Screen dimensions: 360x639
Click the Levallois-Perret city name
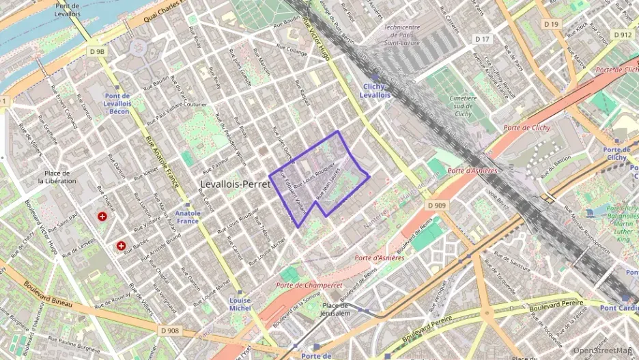[236, 184]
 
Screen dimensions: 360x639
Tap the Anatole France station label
[188, 217]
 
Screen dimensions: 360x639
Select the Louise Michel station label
[240, 305]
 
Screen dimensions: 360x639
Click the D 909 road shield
[438, 205]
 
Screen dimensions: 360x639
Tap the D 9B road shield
[97, 51]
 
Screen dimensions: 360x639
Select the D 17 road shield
[483, 39]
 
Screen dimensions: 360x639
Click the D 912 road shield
[622, 34]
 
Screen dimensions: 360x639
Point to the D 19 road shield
[551, 25]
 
